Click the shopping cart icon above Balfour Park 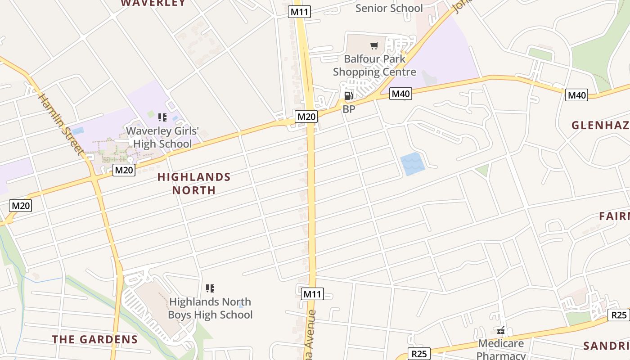point(374,45)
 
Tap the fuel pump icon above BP point(348,95)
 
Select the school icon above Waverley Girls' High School point(162,118)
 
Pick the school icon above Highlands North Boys point(210,288)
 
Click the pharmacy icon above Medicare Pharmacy point(501,331)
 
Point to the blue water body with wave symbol point(413,164)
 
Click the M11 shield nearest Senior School point(299,12)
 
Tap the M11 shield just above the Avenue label point(312,294)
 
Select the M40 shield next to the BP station point(400,94)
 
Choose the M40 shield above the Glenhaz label point(576,95)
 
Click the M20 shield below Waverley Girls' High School point(124,170)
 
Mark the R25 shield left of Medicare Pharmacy point(419,354)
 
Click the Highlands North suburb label point(194,184)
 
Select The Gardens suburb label point(94,339)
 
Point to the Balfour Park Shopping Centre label point(374,65)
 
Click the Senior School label point(389,8)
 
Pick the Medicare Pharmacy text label point(501,349)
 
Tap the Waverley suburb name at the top point(153,3)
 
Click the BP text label point(349,109)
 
